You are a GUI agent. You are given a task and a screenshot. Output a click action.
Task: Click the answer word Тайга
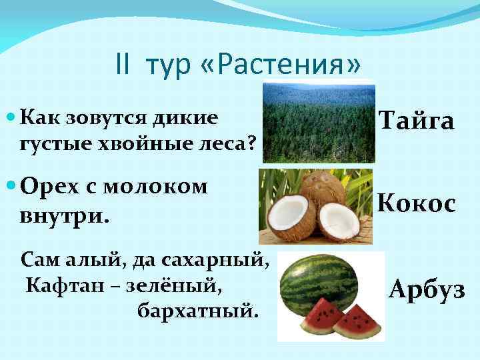(x=417, y=121)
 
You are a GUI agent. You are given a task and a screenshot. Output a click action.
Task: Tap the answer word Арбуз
(x=427, y=291)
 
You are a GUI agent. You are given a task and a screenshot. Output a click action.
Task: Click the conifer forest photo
(x=318, y=122)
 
